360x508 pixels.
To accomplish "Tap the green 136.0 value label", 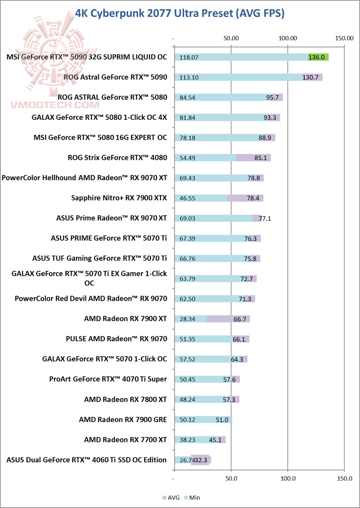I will click(x=317, y=57).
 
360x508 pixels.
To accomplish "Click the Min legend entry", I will click(x=193, y=498).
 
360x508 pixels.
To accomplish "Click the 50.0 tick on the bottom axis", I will click(x=231, y=479).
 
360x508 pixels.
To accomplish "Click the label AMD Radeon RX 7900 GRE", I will click(x=122, y=419).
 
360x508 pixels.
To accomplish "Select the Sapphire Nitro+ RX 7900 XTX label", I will click(x=119, y=198).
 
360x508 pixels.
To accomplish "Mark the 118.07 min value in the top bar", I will click(x=189, y=57).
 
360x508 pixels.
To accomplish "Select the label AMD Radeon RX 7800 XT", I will click(x=125, y=399).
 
